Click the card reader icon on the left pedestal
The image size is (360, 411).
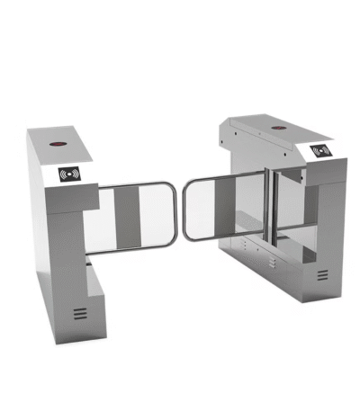pyautogui.click(x=69, y=174)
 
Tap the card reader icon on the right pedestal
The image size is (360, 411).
pyautogui.click(x=319, y=152)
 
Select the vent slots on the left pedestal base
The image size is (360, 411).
pyautogui.click(x=80, y=313)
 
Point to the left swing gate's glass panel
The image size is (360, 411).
pyautogui.click(x=135, y=217)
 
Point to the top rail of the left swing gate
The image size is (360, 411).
pyautogui.click(x=135, y=185)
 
